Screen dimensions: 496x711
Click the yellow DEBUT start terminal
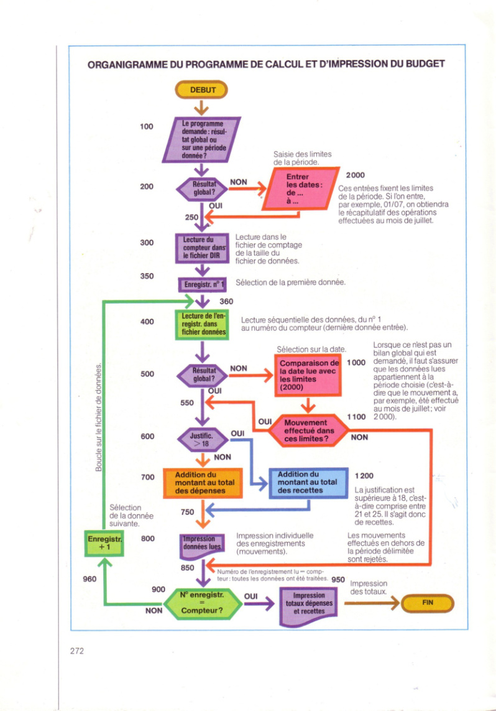[x=201, y=90]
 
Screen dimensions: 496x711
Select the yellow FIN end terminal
[x=428, y=603]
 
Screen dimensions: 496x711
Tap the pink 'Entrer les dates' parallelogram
[x=301, y=188]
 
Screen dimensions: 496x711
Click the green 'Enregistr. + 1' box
[x=104, y=543]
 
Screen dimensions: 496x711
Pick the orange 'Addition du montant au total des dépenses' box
[x=203, y=483]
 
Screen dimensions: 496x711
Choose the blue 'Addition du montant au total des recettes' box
[x=308, y=483]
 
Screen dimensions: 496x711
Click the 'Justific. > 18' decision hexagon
[x=202, y=439]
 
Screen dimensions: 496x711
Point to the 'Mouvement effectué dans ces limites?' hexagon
[x=308, y=431]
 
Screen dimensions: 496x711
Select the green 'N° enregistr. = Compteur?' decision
[x=202, y=603]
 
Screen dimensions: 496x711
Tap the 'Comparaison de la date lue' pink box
[x=308, y=376]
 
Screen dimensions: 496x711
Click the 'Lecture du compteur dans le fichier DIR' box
[x=202, y=248]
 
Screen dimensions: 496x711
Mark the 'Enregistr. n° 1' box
[x=202, y=285]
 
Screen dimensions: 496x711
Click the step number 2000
[x=355, y=175]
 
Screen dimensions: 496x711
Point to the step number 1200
[x=364, y=476]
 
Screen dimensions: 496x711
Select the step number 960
[x=90, y=579]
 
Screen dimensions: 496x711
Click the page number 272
[x=77, y=651]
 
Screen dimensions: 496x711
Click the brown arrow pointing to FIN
[x=372, y=603]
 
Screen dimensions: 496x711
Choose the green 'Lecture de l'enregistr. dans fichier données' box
[x=202, y=325]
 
